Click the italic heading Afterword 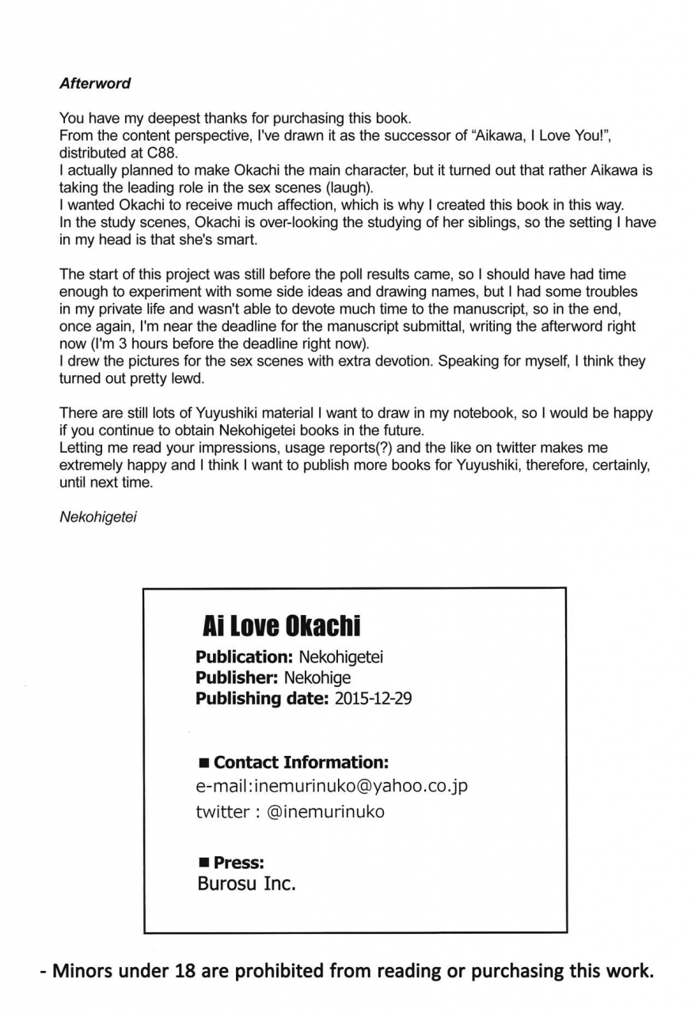(x=95, y=83)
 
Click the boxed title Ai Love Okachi (x=281, y=626)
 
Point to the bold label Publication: (x=245, y=657)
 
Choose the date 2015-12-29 (x=373, y=699)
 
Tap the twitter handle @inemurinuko (x=325, y=811)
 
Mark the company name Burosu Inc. (x=246, y=884)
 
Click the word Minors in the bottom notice (x=82, y=972)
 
